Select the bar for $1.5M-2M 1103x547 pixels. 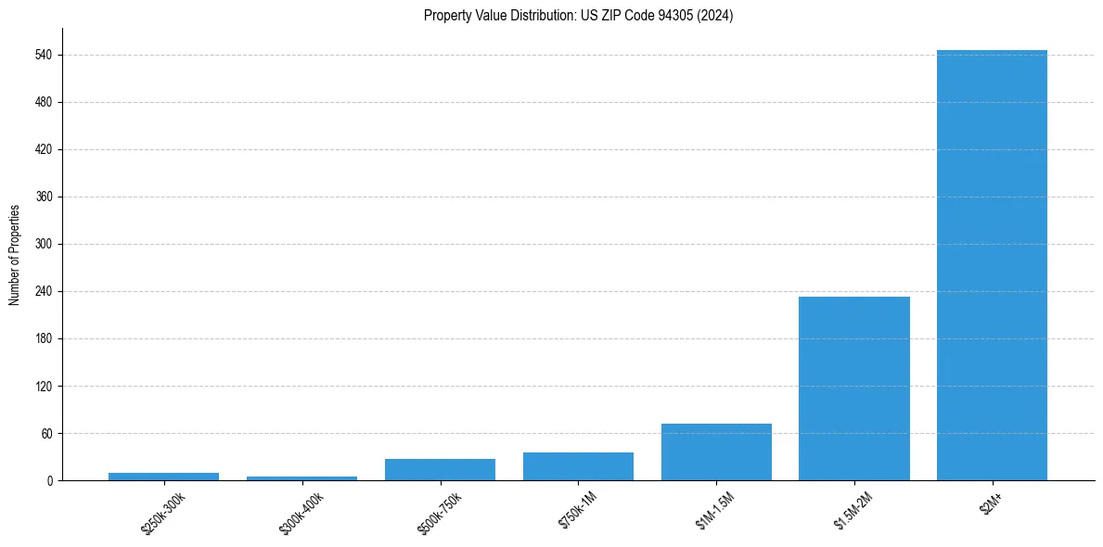click(853, 388)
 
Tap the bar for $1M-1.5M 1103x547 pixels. click(716, 452)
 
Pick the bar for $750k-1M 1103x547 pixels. click(578, 466)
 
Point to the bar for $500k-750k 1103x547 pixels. click(440, 470)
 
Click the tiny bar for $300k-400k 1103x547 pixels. click(301, 478)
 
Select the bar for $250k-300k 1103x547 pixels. click(163, 477)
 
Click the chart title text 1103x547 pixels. click(578, 16)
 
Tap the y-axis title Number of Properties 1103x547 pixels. click(15, 254)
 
